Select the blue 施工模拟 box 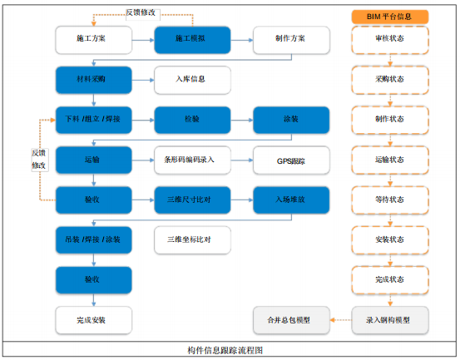click(191, 39)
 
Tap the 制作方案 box click(290, 39)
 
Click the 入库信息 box click(191, 80)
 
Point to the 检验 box click(191, 120)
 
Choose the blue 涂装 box click(290, 120)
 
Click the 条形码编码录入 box click(191, 160)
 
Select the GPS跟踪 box click(290, 160)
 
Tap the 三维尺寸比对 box click(191, 200)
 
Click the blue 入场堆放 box click(290, 200)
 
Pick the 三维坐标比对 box click(191, 239)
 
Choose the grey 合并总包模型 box click(290, 319)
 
